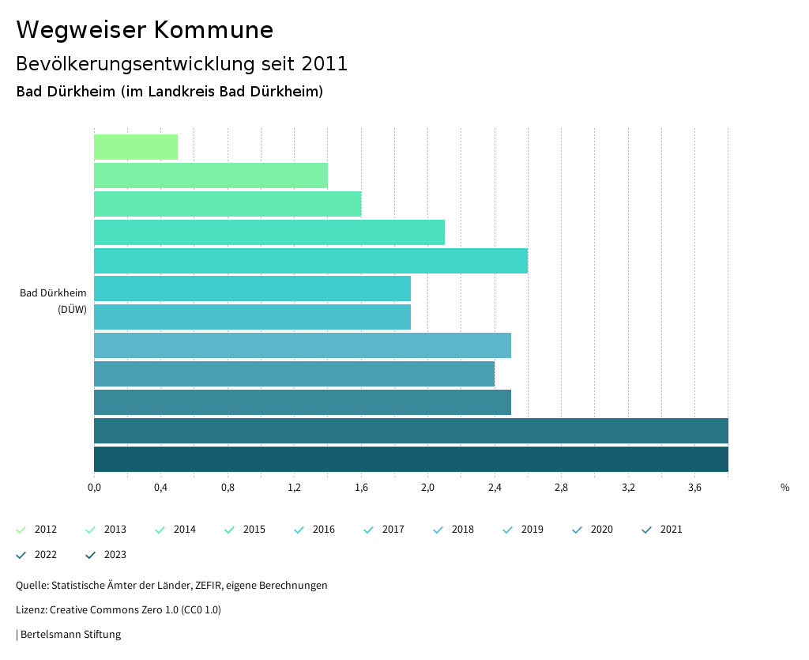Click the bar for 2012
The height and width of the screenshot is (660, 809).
[x=136, y=147]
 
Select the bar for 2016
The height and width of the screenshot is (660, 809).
[x=310, y=261]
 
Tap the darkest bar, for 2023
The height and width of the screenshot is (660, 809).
[x=411, y=459]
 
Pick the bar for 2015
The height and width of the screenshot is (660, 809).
[x=269, y=232]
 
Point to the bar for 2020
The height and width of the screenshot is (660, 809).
[x=294, y=374]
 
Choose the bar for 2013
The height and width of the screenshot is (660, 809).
[x=210, y=175]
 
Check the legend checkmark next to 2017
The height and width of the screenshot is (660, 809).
[x=369, y=530]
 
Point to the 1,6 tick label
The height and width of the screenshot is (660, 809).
[x=361, y=488]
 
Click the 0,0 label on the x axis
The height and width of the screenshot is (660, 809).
[x=94, y=488]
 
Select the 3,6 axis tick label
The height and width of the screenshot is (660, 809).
[x=695, y=488]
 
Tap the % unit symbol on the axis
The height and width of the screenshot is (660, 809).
[x=785, y=488]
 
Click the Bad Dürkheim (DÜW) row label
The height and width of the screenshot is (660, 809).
[x=54, y=301]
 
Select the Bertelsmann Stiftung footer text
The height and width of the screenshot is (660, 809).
[x=70, y=634]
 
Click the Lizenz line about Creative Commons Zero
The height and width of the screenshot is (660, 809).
[x=119, y=610]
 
